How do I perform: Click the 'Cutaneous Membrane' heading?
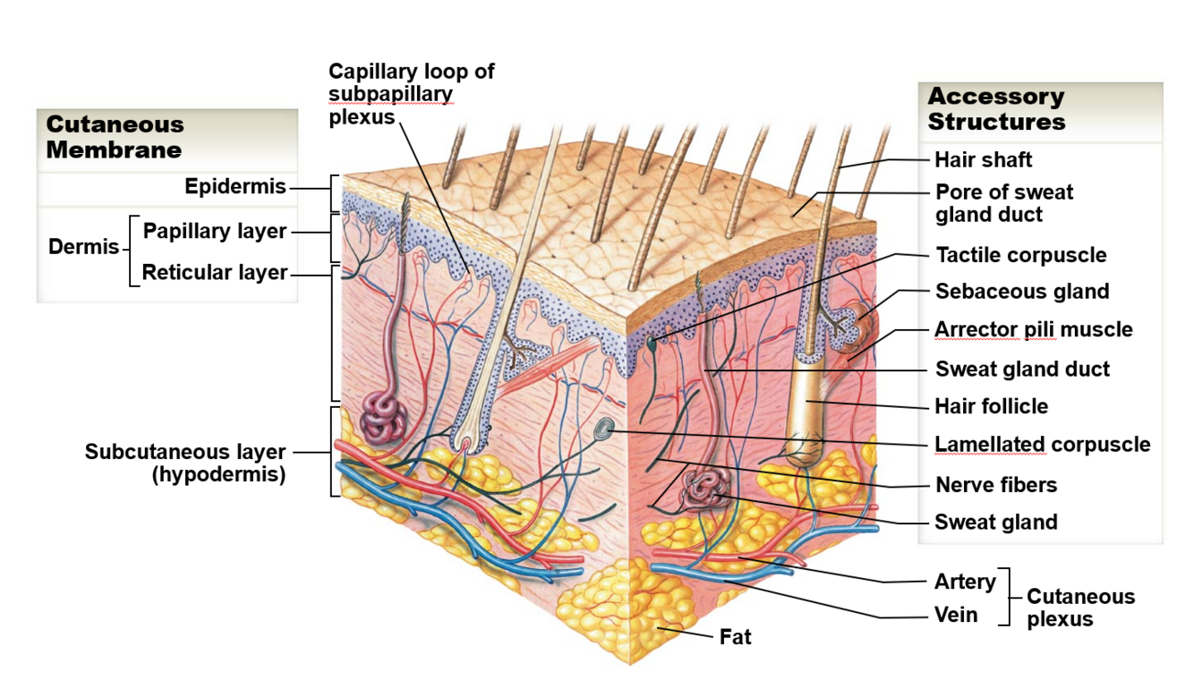[115, 137]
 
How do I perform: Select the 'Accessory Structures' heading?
[996, 108]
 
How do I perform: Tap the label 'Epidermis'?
[235, 186]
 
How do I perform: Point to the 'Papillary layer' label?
[215, 231]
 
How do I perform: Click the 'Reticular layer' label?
[215, 272]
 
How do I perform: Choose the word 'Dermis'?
[83, 246]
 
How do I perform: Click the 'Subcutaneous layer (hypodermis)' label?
[185, 463]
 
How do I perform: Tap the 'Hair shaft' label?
[984, 160]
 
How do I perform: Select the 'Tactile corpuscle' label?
[1021, 255]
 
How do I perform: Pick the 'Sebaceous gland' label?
[1022, 292]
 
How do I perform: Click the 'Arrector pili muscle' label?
[1034, 329]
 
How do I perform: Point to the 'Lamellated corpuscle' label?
[1043, 445]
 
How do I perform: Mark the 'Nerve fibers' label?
[996, 485]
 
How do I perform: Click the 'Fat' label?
[736, 637]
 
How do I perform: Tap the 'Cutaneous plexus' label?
[1080, 608]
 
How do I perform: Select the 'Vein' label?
[956, 616]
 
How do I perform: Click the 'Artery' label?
[965, 582]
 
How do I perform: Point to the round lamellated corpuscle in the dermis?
[605, 430]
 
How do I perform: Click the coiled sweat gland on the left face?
[383, 418]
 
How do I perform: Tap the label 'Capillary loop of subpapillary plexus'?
[411, 94]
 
